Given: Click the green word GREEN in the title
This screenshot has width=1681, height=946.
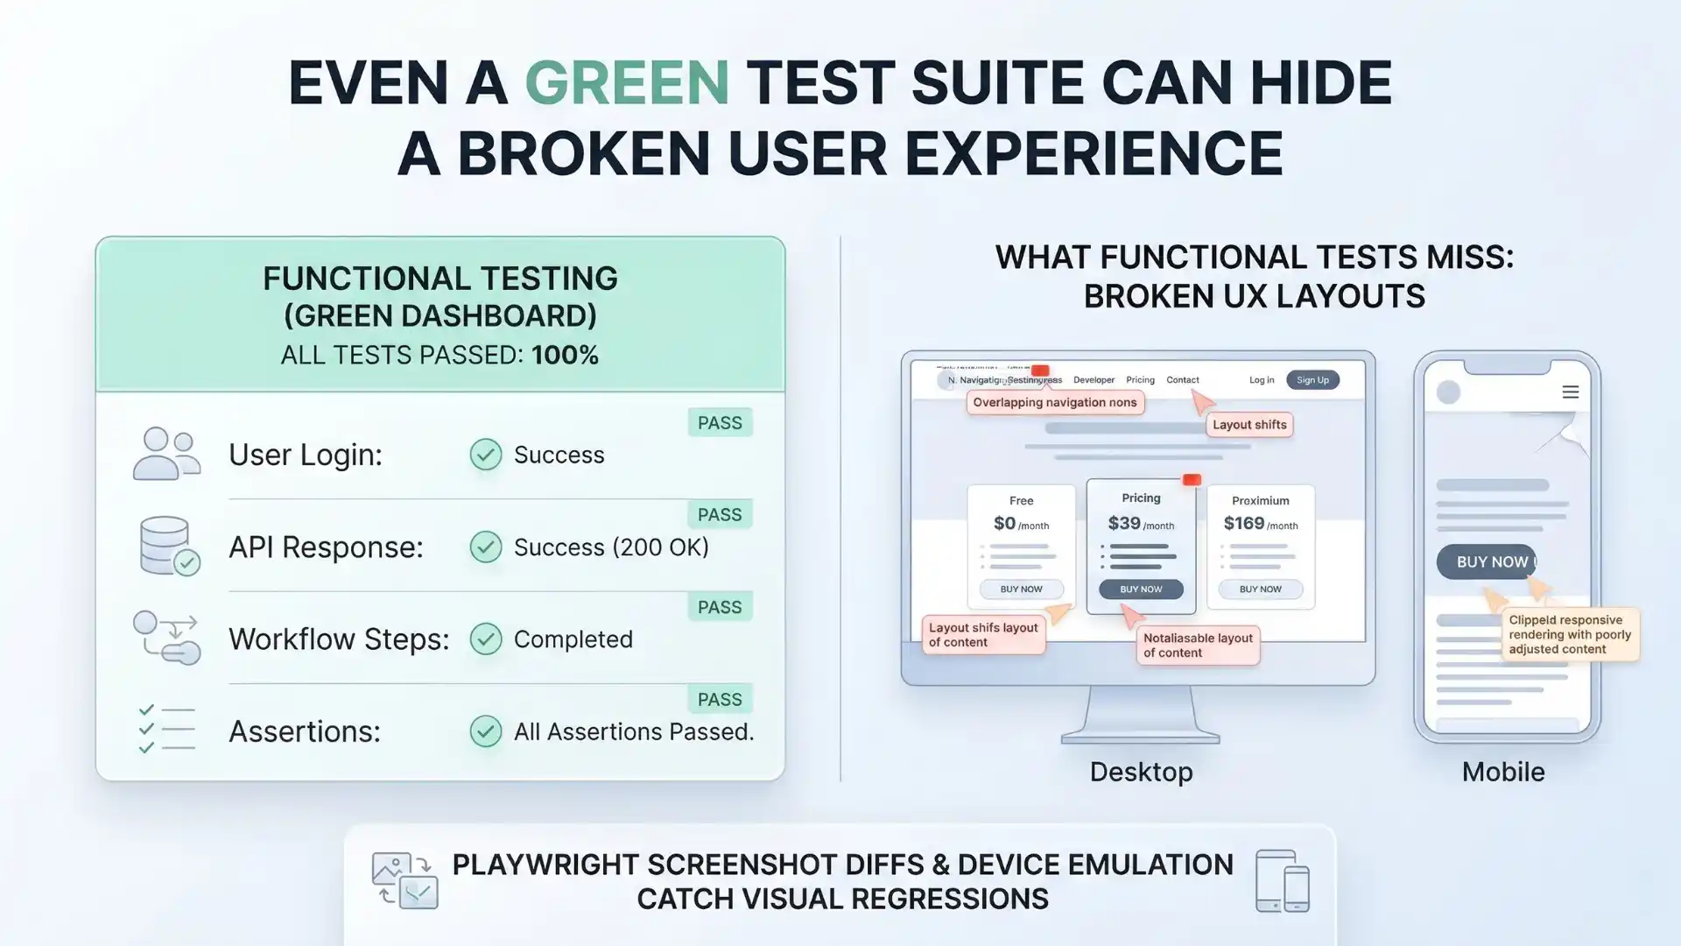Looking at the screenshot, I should coord(627,83).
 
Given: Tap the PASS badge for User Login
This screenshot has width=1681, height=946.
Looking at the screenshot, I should coord(720,423).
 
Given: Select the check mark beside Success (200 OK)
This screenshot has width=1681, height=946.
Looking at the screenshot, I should coord(486,547).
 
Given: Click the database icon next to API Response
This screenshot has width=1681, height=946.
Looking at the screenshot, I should coord(167,546).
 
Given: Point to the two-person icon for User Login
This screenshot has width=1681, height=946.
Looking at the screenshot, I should coord(165,454).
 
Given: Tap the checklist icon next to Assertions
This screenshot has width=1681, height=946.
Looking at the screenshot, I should coord(165,730).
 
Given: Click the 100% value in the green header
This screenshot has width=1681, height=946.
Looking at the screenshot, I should coord(565,356).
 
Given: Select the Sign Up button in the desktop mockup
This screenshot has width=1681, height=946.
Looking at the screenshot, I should coord(1312,380).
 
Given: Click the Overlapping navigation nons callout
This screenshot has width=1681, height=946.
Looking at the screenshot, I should coord(1054,403).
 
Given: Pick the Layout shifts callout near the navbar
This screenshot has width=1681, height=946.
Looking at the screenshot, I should coord(1249,425).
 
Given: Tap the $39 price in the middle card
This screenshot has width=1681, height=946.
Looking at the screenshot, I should coord(1124,524).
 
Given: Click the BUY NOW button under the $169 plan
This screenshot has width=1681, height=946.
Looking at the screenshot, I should coord(1260,589).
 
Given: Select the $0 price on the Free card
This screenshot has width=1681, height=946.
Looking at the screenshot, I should coord(1004,524).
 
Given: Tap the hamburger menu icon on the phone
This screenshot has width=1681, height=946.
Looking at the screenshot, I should coord(1571,392).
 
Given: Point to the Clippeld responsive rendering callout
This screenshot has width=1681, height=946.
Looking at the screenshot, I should coord(1570,635).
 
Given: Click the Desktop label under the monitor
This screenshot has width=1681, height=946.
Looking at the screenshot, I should coord(1141,773).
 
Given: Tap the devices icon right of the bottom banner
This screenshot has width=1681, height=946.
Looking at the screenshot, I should coord(1282,880).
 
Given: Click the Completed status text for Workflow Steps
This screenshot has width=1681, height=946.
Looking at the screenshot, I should coord(573,639).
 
